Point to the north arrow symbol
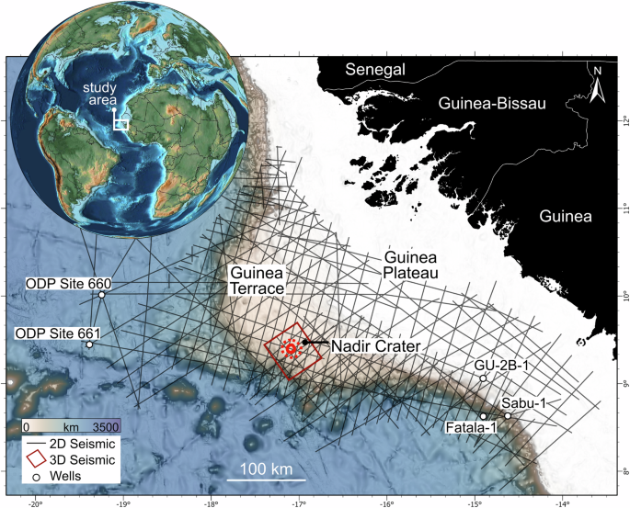click(597, 85)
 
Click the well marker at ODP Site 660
click(102, 295)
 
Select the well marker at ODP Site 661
click(89, 344)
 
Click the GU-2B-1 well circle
click(483, 378)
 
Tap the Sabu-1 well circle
click(507, 416)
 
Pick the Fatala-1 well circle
click(484, 416)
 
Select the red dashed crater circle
click(290, 349)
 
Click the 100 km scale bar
click(266, 480)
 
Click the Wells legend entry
click(72, 475)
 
